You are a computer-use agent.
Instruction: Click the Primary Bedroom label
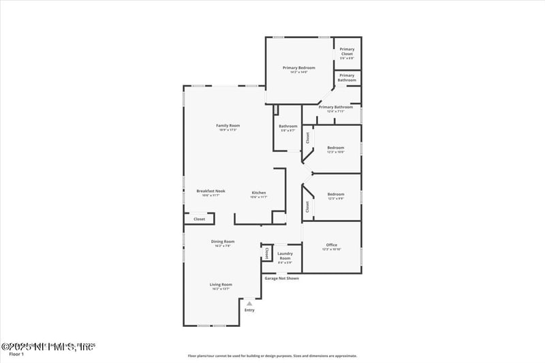(x=299, y=67)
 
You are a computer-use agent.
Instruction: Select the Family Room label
(x=228, y=125)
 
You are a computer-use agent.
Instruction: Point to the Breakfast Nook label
(x=211, y=191)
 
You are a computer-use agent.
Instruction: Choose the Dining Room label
(x=223, y=241)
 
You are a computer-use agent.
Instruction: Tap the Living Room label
(x=221, y=284)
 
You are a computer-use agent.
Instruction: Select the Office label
(x=332, y=244)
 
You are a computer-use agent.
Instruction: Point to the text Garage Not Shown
(x=281, y=278)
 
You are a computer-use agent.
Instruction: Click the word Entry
(x=249, y=310)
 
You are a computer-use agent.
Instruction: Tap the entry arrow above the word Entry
(x=249, y=303)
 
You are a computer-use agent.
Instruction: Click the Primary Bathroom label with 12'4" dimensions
(x=335, y=107)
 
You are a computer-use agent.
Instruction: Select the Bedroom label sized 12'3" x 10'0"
(x=335, y=148)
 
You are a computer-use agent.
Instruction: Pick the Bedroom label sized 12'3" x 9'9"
(x=335, y=194)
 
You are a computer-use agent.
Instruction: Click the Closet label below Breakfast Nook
(x=199, y=219)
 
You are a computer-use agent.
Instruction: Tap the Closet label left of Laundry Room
(x=266, y=253)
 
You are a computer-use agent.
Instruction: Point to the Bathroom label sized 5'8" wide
(x=287, y=126)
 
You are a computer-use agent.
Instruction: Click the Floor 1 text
(x=16, y=354)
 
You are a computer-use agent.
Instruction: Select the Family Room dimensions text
(x=228, y=130)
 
